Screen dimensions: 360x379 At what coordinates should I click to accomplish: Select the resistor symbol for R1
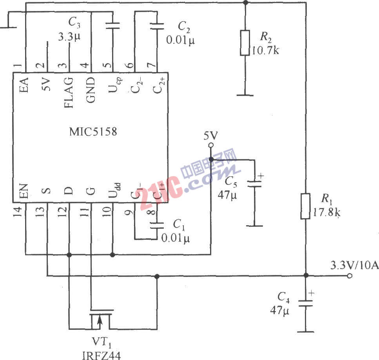[x=306, y=206]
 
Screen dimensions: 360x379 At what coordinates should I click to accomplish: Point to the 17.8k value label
[x=326, y=214]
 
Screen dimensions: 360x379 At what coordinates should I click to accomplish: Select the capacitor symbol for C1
[x=157, y=226]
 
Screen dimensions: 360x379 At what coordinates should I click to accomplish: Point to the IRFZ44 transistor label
[x=102, y=356]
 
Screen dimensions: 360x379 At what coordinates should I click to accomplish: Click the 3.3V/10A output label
[x=354, y=266]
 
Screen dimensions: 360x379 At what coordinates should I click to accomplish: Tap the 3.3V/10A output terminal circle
[x=350, y=276]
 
